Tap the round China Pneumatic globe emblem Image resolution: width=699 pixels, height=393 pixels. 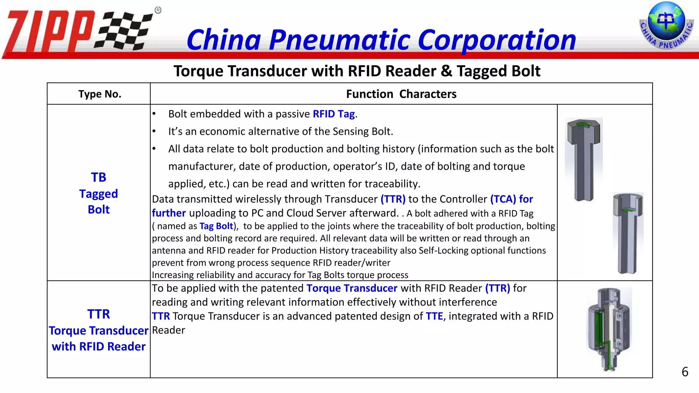point(666,26)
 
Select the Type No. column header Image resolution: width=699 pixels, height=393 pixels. point(100,94)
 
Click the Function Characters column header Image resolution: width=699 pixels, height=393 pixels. point(401,94)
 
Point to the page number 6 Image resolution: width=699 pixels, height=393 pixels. point(685,372)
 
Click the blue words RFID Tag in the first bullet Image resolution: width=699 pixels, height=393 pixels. point(334,114)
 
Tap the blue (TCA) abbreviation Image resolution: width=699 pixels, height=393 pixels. point(503,199)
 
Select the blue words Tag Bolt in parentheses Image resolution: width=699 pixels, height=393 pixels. point(216,226)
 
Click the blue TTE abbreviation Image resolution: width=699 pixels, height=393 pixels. point(434,316)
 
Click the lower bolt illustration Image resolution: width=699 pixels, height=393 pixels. point(628,233)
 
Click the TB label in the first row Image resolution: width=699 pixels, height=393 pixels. point(99,177)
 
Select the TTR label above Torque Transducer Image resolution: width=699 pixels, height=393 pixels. point(99,314)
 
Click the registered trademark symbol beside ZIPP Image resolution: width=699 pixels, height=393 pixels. point(158,10)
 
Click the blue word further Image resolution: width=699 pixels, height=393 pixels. point(169,213)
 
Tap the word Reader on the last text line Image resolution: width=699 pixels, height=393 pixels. point(169,330)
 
